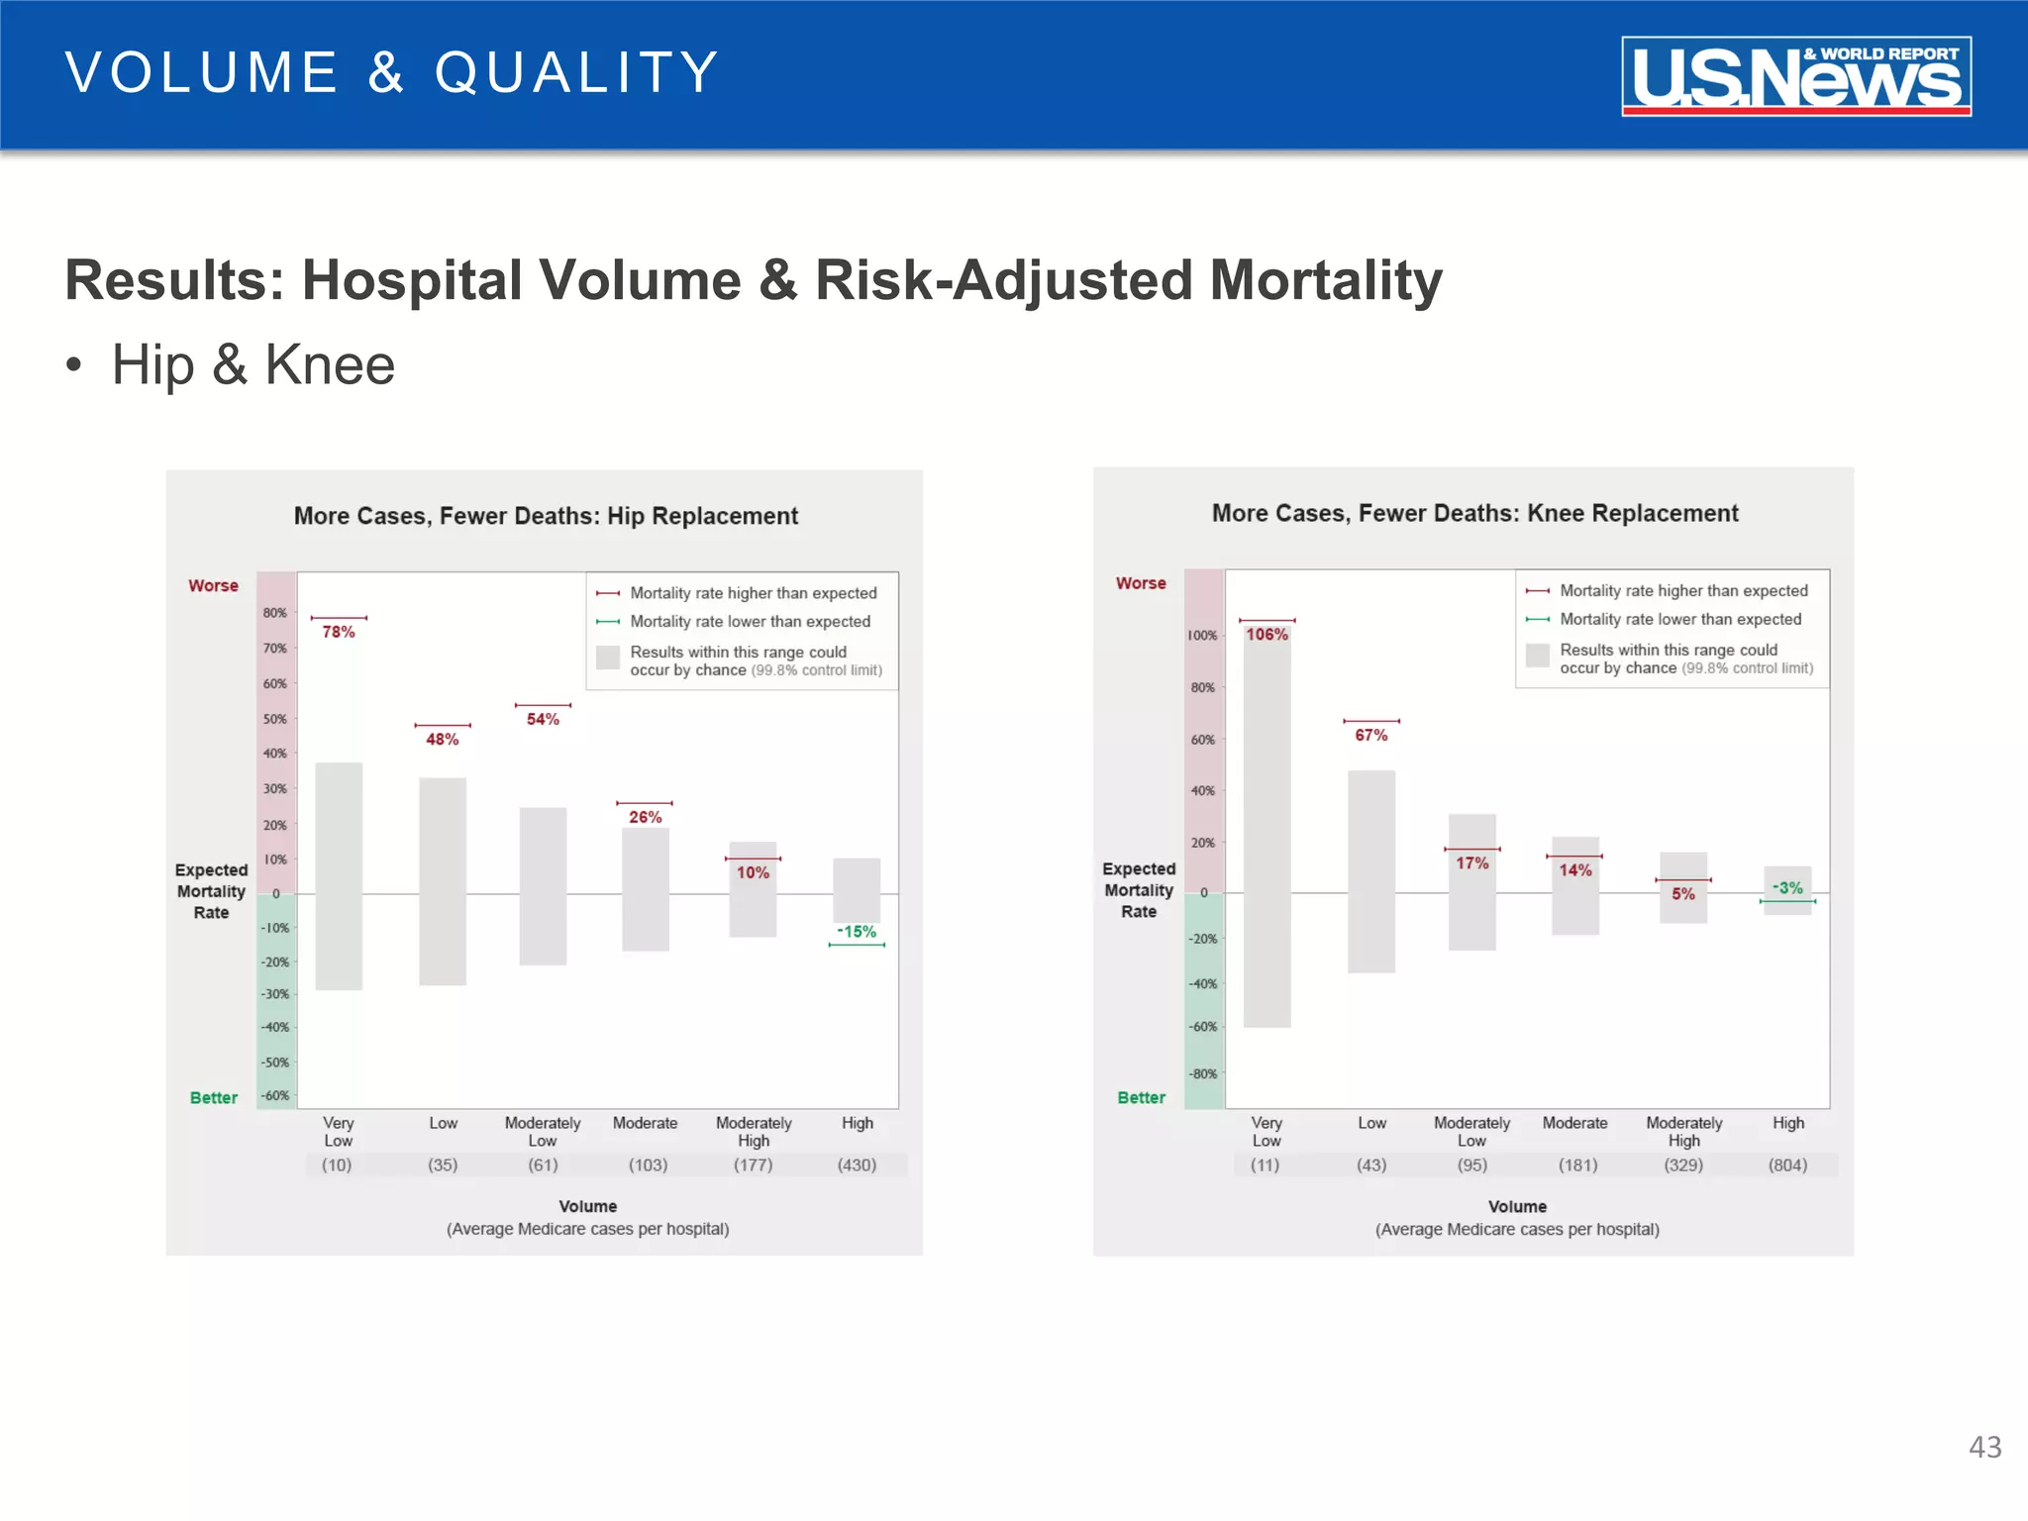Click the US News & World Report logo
pos(1795,76)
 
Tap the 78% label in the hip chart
pos(339,632)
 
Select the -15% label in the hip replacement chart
pos(857,932)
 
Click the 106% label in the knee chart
pos(1267,635)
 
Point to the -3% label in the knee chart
pos(1787,888)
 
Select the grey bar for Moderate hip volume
pos(645,889)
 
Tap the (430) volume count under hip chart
pos(857,1166)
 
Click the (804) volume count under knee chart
pos(1787,1166)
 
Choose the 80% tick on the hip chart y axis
pos(274,613)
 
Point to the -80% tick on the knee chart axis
pos(1203,1073)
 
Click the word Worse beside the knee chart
pos(1141,583)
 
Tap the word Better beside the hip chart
pos(214,1097)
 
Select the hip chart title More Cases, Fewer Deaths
pos(546,516)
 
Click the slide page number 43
pos(1984,1448)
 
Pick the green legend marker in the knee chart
pos(1537,620)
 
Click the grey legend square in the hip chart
pos(608,658)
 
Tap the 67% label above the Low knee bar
pos(1370,735)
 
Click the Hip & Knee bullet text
pos(253,364)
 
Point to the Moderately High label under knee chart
pos(1683,1131)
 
